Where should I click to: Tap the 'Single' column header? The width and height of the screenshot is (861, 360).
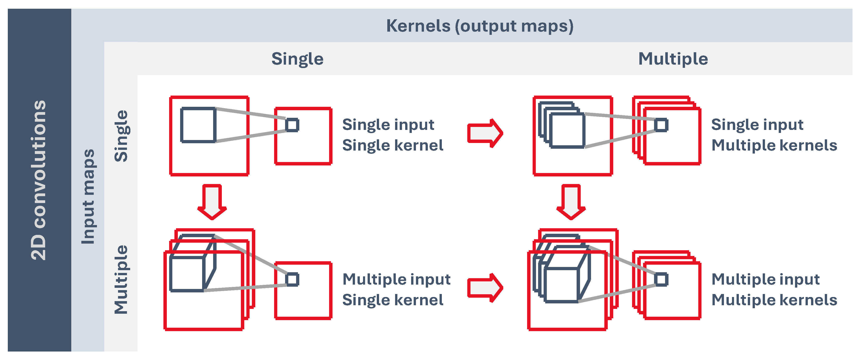[x=297, y=59]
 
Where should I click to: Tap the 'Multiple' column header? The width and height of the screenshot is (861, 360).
[x=673, y=59]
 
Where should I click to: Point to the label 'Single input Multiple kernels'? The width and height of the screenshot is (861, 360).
[x=774, y=135]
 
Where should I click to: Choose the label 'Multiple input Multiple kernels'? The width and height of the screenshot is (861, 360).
[x=774, y=289]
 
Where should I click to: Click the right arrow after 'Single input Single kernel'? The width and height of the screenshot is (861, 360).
[x=485, y=133]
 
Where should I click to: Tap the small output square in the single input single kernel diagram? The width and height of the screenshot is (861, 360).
[x=292, y=125]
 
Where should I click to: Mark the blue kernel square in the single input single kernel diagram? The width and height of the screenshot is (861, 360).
[x=198, y=125]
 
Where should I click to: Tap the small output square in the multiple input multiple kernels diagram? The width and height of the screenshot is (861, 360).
[x=661, y=279]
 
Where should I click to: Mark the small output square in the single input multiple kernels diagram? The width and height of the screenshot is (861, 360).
[x=661, y=125]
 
